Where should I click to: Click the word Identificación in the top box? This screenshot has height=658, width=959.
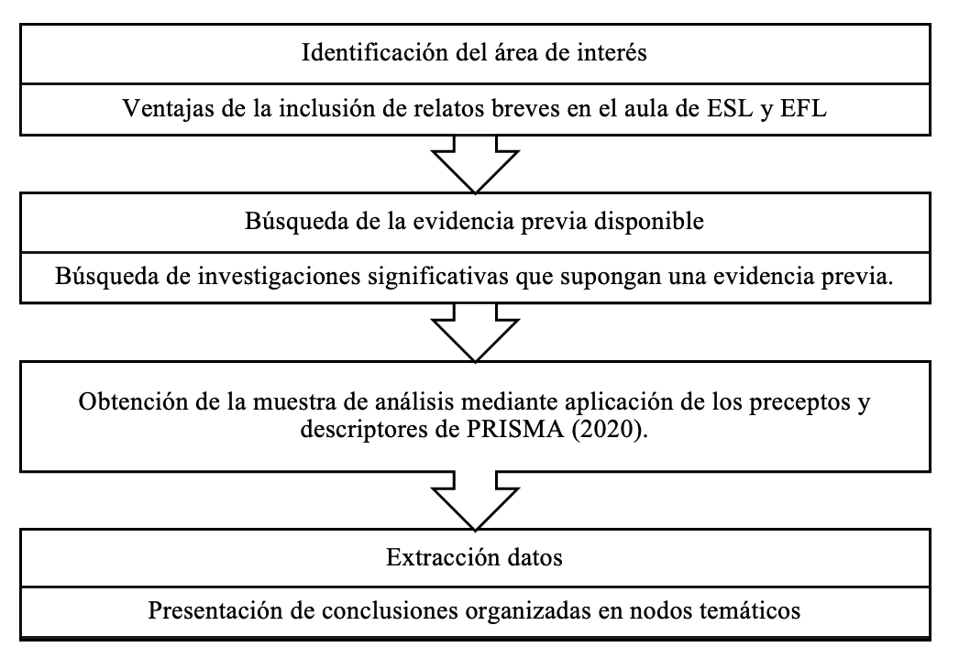coord(375,52)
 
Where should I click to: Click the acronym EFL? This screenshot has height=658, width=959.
coord(804,109)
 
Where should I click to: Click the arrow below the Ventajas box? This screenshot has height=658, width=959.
coord(475,164)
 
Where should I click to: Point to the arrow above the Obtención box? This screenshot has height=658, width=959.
coord(475,333)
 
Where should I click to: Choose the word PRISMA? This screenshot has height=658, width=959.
coord(515,429)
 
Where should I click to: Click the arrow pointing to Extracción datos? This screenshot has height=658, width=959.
coord(475,501)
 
